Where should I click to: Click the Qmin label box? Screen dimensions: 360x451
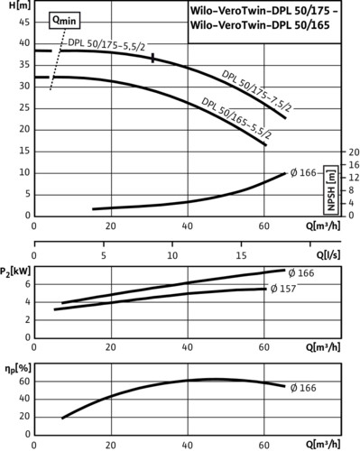(x=65, y=21)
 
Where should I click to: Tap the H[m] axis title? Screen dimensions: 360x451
(x=20, y=5)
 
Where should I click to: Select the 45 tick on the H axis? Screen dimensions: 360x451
(x=24, y=23)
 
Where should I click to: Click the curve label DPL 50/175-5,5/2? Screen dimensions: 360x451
(x=106, y=44)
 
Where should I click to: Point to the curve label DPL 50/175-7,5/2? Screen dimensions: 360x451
(x=257, y=90)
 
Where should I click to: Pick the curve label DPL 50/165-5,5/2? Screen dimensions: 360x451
(x=236, y=118)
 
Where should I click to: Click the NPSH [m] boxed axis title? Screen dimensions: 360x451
(x=331, y=190)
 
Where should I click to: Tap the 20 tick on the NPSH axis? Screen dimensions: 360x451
(x=354, y=152)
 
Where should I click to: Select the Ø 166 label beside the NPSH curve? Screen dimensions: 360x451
(x=303, y=173)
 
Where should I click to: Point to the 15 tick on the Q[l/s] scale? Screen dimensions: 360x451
(x=241, y=255)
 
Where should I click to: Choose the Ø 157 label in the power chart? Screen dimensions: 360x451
(x=283, y=289)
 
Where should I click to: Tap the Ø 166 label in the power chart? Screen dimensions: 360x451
(x=301, y=273)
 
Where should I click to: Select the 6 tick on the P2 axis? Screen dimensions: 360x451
(x=28, y=284)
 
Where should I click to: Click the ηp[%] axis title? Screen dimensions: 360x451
(x=18, y=369)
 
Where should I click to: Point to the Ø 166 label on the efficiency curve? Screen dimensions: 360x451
(x=303, y=388)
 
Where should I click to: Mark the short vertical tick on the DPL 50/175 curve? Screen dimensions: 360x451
(x=153, y=58)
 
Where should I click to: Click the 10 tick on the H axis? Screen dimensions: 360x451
(x=24, y=173)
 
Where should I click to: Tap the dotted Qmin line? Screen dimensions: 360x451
(x=58, y=60)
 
